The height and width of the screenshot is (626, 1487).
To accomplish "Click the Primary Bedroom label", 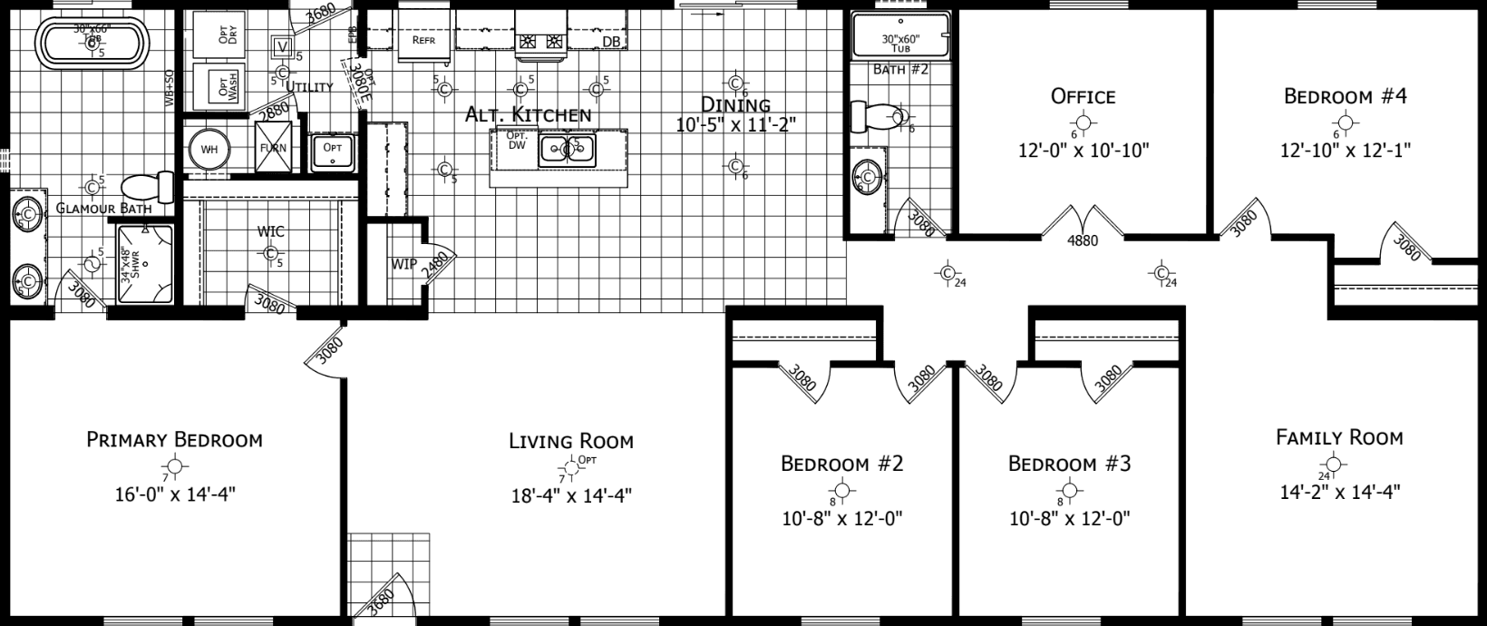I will point(174,440).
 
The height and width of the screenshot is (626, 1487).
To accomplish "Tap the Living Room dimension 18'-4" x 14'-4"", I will point(570,495).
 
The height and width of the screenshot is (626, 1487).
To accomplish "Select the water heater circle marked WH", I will point(209,149).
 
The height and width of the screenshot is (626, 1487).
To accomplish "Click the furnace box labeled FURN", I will point(274,149).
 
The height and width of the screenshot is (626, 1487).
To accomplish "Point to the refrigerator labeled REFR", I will point(423,40).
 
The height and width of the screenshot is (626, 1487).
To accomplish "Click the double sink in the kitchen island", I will point(567,149).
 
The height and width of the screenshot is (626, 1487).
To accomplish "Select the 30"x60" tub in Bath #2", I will point(900,36).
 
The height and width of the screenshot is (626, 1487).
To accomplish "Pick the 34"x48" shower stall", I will point(145,262).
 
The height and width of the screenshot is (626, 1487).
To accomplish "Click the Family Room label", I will point(1339,437).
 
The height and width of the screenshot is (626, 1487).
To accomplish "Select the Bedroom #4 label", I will point(1345,96).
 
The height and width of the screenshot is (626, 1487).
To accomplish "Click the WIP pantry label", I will point(403,264).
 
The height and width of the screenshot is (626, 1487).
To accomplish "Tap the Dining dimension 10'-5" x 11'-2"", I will point(735,124).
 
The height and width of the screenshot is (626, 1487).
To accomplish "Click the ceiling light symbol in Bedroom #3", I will point(1070,492).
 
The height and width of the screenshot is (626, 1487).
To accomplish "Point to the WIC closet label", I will point(270,231).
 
